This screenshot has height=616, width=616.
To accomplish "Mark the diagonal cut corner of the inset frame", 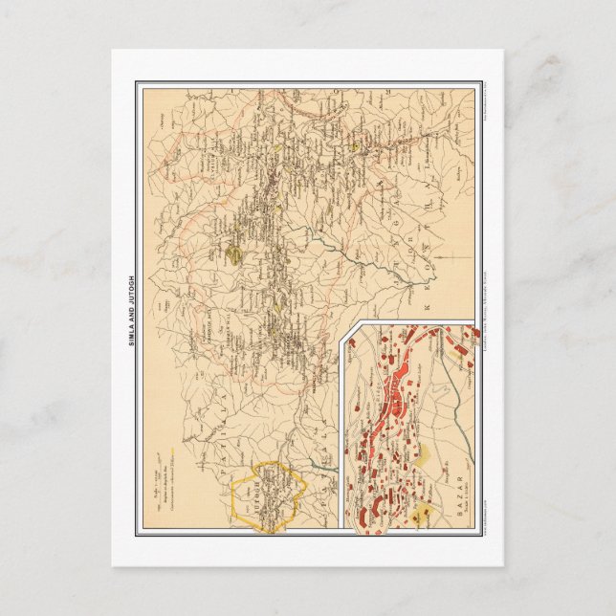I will click(352, 330).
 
